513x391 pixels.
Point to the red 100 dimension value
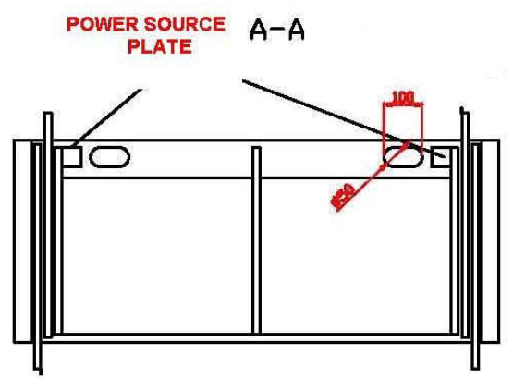(402, 97)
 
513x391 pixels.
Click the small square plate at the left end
(71, 156)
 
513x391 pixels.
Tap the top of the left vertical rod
(44, 116)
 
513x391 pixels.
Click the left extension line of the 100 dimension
(385, 125)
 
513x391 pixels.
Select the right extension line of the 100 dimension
(421, 125)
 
